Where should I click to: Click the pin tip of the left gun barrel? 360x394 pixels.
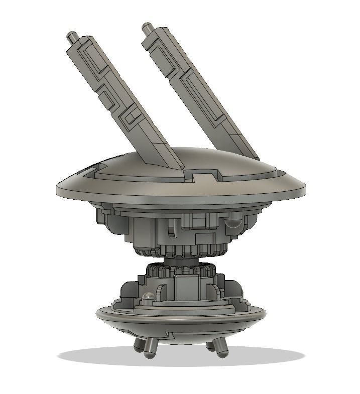[x=70, y=36]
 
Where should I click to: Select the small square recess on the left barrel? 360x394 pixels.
[x=131, y=117]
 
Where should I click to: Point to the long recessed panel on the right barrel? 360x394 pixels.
[x=203, y=98]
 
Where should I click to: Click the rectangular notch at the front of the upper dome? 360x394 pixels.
[x=203, y=176]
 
